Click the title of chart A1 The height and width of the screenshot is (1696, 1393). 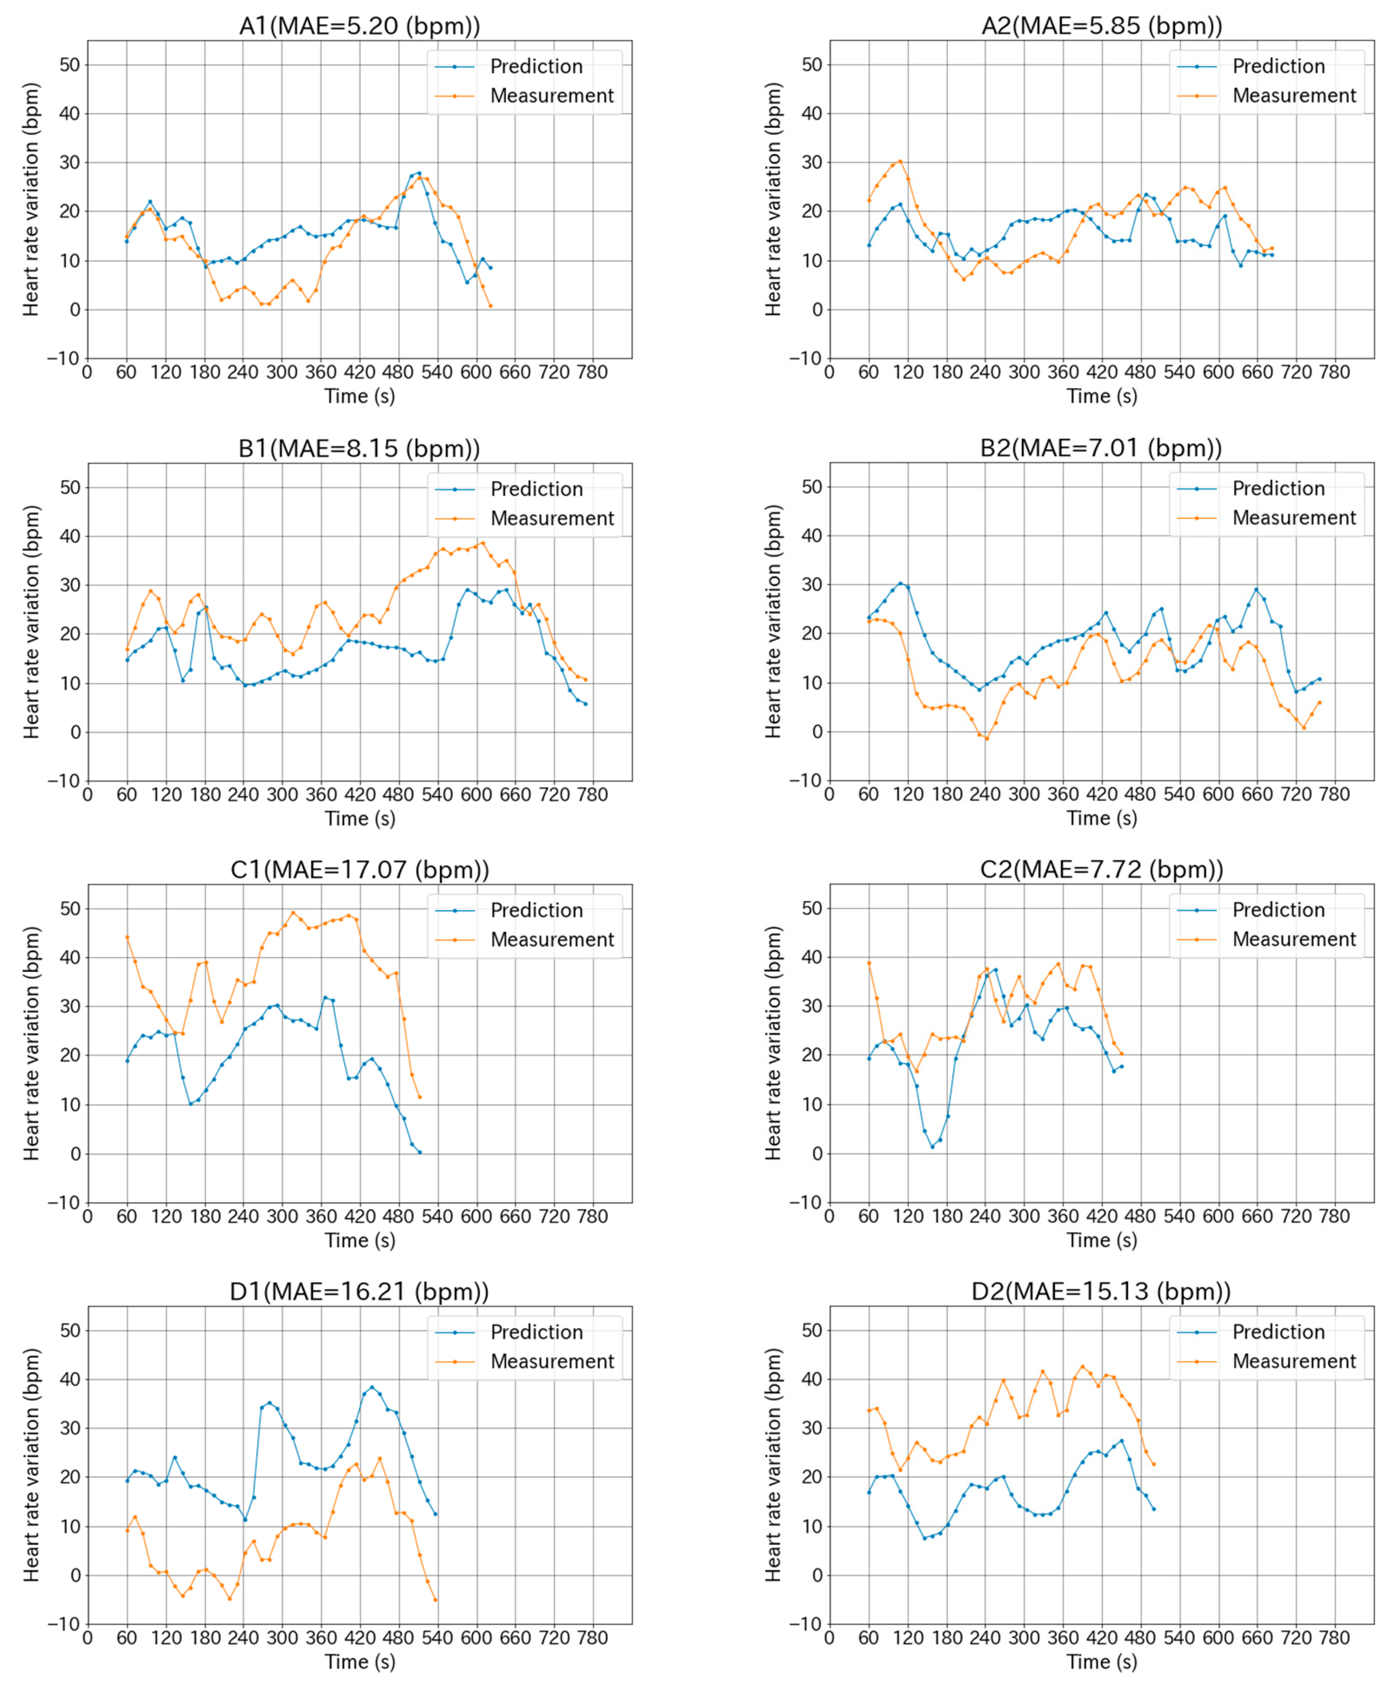[x=360, y=26]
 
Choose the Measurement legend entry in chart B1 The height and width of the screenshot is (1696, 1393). [x=552, y=519]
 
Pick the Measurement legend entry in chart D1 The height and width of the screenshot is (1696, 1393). [x=552, y=1361]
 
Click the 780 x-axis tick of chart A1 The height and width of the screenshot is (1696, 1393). [x=592, y=372]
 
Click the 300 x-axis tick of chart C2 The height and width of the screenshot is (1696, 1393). [x=1024, y=1216]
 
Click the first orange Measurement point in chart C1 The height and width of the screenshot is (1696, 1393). [x=127, y=937]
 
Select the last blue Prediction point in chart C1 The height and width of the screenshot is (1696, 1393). [x=420, y=1152]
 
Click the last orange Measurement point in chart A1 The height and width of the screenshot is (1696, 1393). [x=490, y=306]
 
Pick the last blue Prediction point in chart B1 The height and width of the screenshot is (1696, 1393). [x=586, y=704]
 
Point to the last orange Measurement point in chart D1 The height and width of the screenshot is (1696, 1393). [x=436, y=1600]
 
